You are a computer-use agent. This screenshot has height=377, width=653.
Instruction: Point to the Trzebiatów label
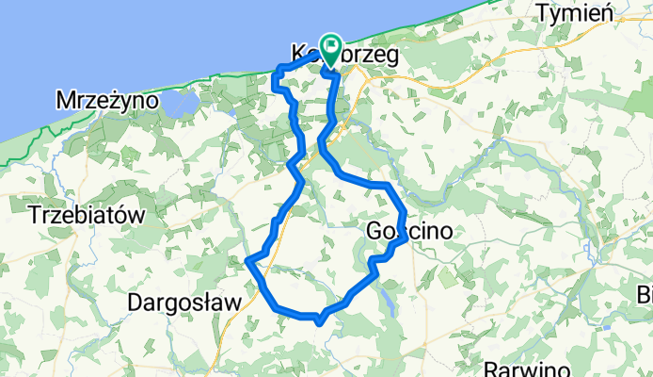pos(87,215)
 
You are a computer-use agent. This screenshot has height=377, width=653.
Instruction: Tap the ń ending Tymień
pos(608,12)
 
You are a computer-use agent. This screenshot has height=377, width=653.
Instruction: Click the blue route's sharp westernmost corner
pos(247,259)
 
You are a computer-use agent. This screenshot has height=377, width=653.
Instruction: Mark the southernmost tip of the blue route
pos(320,322)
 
